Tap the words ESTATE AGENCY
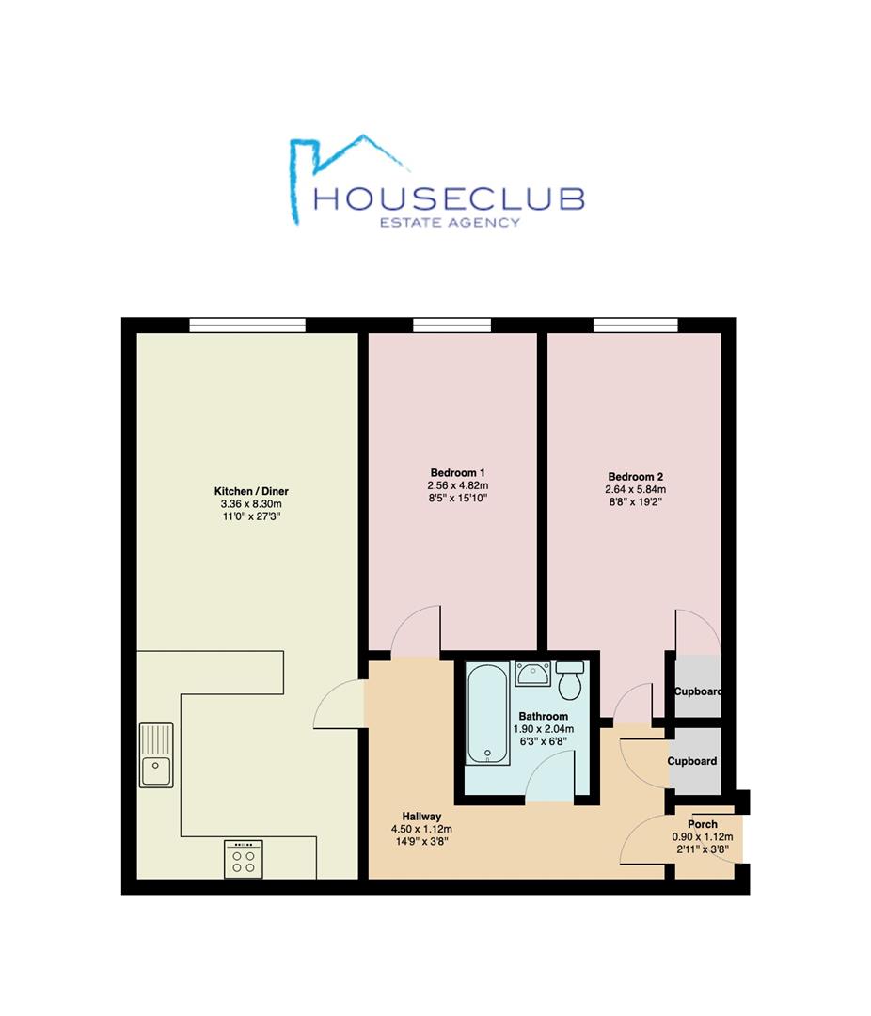pos(448,223)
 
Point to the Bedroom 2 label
pos(635,476)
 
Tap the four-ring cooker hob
pos(244,859)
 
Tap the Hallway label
pos(421,816)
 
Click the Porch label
pos(702,824)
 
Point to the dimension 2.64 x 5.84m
pos(635,489)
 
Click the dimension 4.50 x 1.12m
pos(421,829)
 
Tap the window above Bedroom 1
pos(451,325)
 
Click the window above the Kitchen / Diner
pos(247,325)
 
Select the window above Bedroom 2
pos(635,325)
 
